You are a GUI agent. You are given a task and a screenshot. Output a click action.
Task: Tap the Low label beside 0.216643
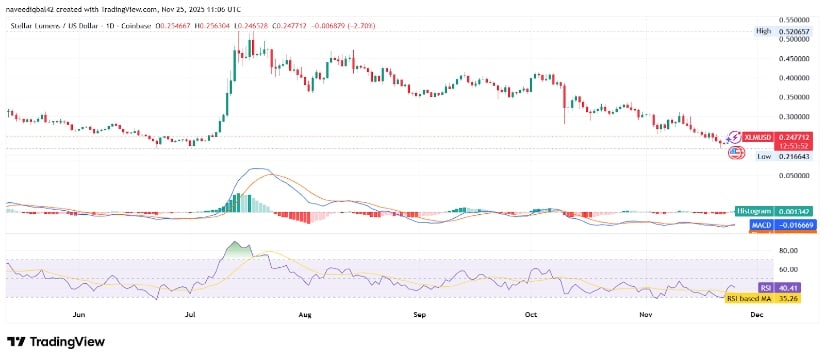pos(764,156)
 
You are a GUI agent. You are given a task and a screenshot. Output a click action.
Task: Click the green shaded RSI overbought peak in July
pos(237,247)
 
